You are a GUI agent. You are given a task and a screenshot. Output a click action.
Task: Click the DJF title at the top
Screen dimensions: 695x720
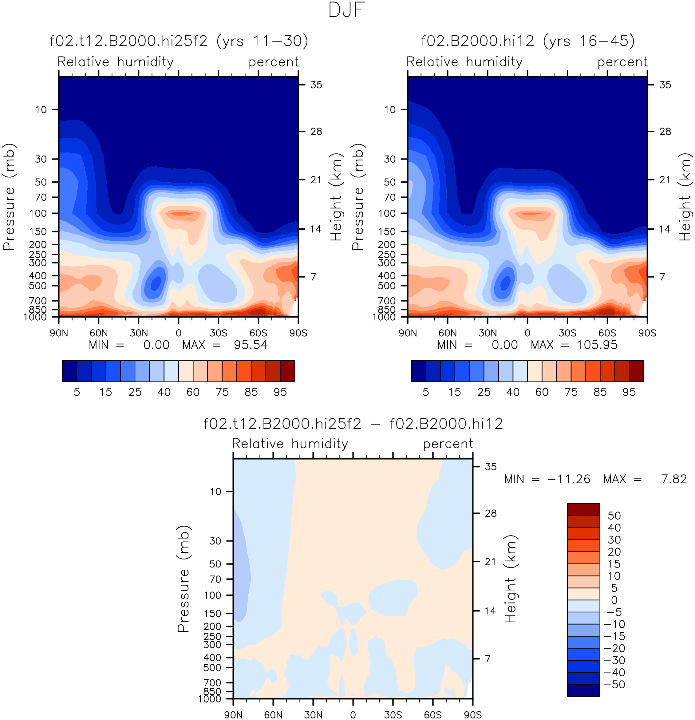(346, 10)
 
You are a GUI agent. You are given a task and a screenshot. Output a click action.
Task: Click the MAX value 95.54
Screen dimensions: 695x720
(251, 345)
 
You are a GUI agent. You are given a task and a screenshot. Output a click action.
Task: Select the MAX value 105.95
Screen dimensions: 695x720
(597, 345)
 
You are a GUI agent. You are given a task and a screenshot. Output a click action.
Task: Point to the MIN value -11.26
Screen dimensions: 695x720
(569, 479)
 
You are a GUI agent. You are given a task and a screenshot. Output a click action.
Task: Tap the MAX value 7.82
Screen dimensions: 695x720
(674, 479)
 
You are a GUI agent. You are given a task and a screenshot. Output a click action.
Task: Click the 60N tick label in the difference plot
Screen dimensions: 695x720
(273, 715)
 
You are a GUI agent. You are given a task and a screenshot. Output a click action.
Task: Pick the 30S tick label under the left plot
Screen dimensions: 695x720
(219, 333)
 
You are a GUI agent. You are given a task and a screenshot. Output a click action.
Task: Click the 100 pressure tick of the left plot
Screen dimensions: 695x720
(38, 213)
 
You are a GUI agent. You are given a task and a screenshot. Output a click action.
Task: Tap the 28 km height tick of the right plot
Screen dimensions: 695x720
(665, 132)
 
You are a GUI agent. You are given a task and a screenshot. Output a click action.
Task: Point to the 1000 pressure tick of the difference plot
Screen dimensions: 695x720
(209, 699)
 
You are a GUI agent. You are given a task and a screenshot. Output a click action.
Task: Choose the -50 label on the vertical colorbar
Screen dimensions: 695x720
(614, 685)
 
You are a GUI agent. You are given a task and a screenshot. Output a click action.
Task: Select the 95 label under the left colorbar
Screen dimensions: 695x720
(280, 392)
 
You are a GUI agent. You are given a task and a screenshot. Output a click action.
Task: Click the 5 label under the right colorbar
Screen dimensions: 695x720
(426, 392)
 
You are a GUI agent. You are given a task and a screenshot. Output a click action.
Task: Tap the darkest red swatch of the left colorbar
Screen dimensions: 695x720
(288, 371)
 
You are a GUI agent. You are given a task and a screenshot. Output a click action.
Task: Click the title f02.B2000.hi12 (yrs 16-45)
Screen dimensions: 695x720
(527, 41)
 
